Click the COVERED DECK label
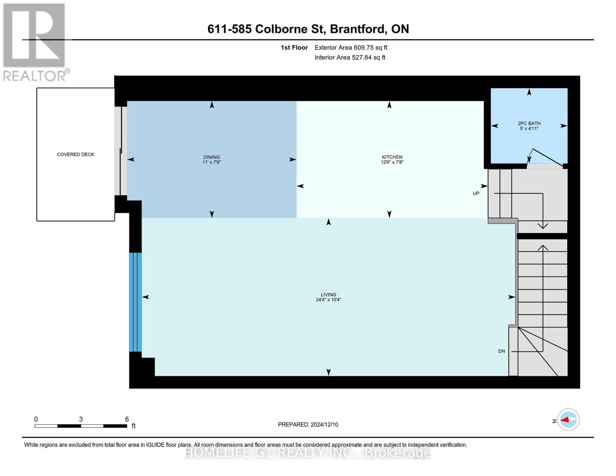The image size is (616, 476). [x=75, y=154]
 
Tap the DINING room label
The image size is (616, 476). [x=211, y=157]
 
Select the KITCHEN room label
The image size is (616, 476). [x=392, y=157]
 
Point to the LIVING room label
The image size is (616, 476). [x=328, y=295]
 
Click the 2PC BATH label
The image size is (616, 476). [x=529, y=123]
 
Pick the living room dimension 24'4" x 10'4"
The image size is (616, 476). [x=328, y=299]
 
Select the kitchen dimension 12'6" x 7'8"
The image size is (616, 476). [x=392, y=162]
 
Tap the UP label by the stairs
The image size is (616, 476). [x=476, y=193]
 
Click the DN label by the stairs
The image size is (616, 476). [x=501, y=351]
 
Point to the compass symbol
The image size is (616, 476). [x=568, y=420]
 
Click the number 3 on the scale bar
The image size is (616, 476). [x=81, y=419]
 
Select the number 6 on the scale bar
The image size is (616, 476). [x=127, y=419]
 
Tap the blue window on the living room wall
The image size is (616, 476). [x=136, y=302]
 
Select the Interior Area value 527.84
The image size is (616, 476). [x=361, y=58]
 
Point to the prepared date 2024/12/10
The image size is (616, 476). [x=324, y=424]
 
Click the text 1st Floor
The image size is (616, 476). [x=294, y=48]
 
